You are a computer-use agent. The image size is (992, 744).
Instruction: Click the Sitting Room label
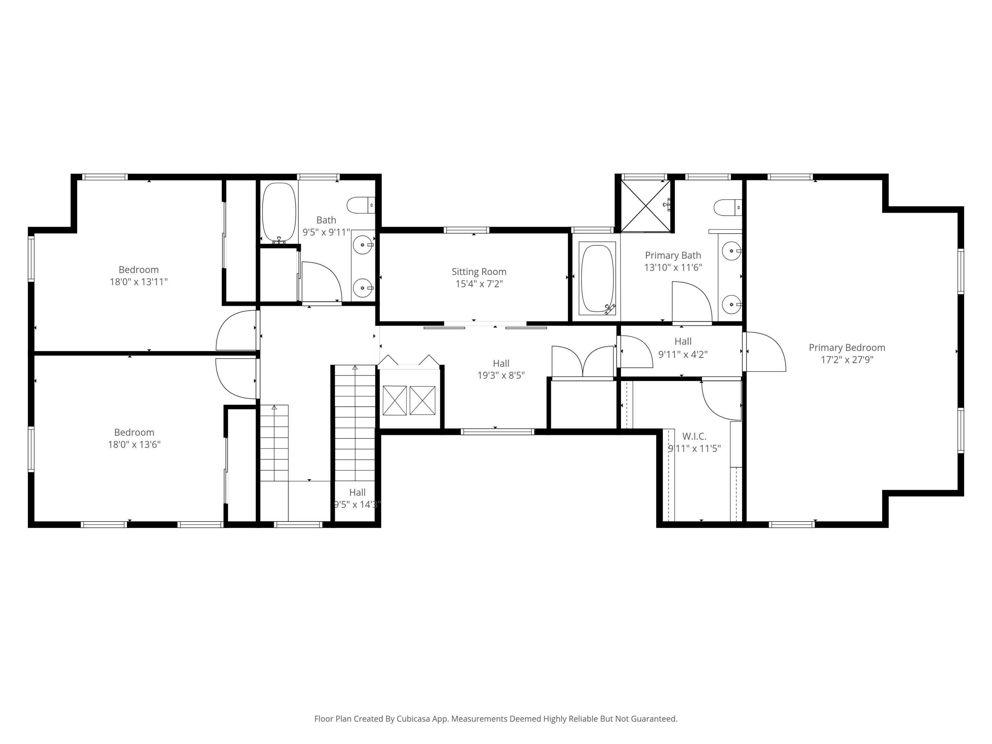pos(478,271)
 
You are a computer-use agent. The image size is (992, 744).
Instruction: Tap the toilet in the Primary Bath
pos(726,208)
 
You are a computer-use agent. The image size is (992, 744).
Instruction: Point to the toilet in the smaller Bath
pos(360,205)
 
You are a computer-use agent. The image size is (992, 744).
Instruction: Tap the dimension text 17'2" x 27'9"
pos(847,360)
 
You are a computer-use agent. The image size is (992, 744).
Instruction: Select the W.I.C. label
pos(694,436)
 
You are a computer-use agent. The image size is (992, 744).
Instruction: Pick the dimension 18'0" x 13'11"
pos(139,282)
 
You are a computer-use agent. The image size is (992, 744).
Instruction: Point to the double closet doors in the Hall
pos(583,361)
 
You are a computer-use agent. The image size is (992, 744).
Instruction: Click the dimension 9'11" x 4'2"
pos(682,354)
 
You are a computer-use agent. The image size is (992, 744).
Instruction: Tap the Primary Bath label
pos(673,255)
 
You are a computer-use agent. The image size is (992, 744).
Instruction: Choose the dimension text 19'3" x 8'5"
pos(501,375)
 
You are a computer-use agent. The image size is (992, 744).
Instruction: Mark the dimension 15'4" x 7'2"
pos(479,283)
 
